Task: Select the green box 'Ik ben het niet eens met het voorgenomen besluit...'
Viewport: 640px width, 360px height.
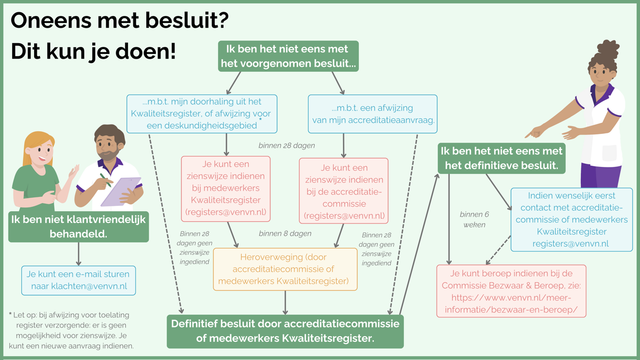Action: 288,56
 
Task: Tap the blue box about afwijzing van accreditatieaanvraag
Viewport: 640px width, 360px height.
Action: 372,114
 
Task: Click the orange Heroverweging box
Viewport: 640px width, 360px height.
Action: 285,269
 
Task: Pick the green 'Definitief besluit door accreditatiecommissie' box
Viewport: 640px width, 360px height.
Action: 285,331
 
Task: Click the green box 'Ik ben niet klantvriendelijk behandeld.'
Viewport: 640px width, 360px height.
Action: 78,227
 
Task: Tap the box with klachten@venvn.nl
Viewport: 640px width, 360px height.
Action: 78,281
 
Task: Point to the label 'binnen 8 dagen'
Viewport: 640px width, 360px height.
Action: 285,234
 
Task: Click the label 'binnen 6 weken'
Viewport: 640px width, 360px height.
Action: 474,219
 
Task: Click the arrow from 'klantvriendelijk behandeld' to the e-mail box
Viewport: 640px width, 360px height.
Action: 78,253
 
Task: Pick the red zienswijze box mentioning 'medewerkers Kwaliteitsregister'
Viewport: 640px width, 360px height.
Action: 226,189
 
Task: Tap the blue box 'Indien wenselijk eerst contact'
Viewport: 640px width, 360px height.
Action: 571,219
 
